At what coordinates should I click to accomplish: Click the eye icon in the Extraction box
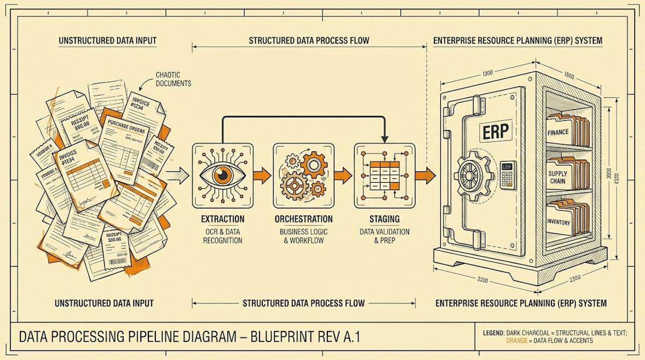tap(222, 175)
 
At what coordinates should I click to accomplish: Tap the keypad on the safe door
tap(508, 174)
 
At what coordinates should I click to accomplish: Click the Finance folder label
tap(558, 132)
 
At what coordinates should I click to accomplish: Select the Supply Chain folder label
tap(558, 177)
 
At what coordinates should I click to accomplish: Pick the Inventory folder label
tap(558, 222)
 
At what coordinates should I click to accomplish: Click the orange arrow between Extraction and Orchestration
tap(262, 175)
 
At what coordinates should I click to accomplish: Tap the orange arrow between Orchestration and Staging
tap(342, 175)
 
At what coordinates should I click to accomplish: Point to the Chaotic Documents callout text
tap(173, 80)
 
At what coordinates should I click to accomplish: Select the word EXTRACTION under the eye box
tap(223, 219)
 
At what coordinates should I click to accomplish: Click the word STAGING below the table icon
tap(384, 219)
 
